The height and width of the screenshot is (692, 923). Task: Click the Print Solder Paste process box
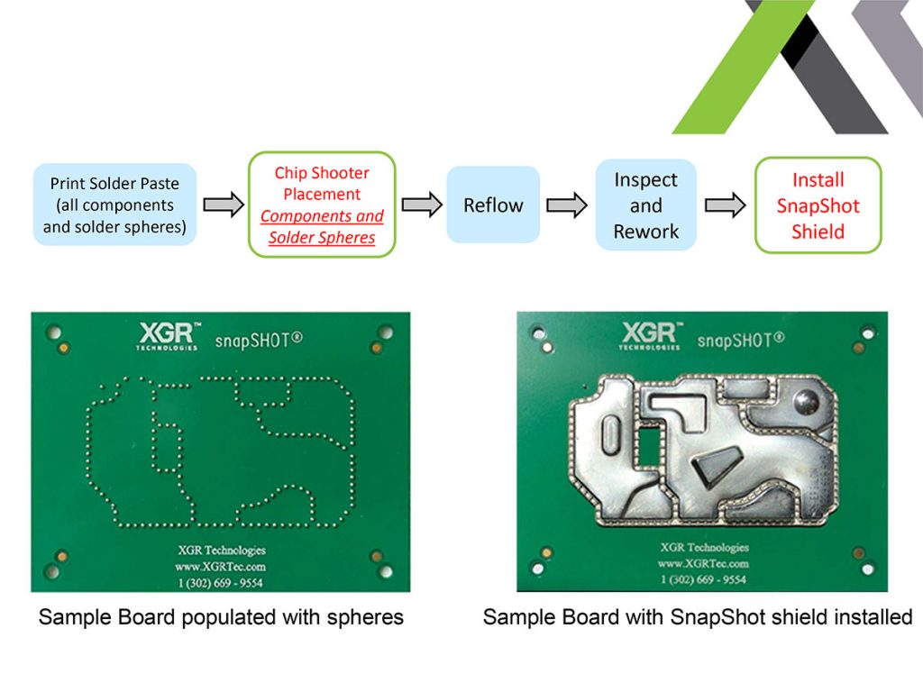pyautogui.click(x=114, y=205)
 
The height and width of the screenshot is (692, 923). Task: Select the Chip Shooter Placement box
pyautogui.click(x=322, y=205)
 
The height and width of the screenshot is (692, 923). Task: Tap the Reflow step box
pyautogui.click(x=493, y=205)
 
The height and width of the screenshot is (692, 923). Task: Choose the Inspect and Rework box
pyautogui.click(x=645, y=205)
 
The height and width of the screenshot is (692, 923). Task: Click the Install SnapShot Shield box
pyautogui.click(x=818, y=205)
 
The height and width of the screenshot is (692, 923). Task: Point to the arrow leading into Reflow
pyautogui.click(x=421, y=205)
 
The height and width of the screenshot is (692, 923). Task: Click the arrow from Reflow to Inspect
pyautogui.click(x=567, y=205)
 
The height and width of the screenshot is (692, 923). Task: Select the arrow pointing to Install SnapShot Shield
pyautogui.click(x=726, y=205)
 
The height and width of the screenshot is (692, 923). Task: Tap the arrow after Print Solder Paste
pyautogui.click(x=224, y=205)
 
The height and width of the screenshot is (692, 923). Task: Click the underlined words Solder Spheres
pyautogui.click(x=322, y=238)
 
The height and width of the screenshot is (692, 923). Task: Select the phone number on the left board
pyautogui.click(x=221, y=582)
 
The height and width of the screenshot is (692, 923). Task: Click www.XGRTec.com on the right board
pyautogui.click(x=703, y=563)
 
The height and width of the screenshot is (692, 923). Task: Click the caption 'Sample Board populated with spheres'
pyautogui.click(x=221, y=618)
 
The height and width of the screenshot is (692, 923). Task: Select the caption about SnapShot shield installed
pyautogui.click(x=698, y=618)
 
